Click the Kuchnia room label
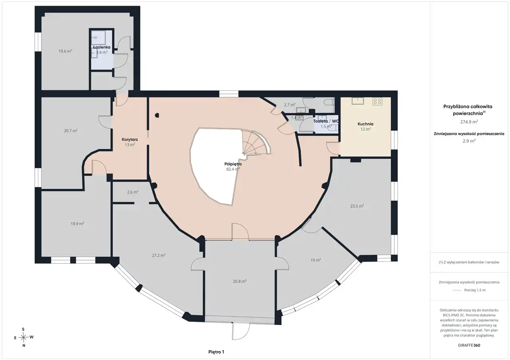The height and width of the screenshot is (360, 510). (x=365, y=124)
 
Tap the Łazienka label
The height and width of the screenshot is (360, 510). (x=102, y=47)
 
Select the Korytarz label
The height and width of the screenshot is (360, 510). (x=130, y=139)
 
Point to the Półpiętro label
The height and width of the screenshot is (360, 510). (x=233, y=164)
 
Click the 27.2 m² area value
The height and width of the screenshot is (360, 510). (x=159, y=255)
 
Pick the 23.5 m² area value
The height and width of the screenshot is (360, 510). (x=357, y=206)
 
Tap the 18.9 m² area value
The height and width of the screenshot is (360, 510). (x=77, y=224)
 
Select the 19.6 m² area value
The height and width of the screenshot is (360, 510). (x=65, y=51)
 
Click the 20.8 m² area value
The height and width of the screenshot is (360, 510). (x=240, y=281)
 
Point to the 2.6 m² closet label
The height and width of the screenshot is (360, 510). (x=133, y=192)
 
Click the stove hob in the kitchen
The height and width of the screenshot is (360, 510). (x=377, y=101)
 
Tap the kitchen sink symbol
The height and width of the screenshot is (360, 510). (x=358, y=101)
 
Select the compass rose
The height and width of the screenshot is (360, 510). (x=23, y=337)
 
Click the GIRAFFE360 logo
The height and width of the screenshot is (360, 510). (x=469, y=345)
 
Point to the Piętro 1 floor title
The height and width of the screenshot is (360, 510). (x=216, y=352)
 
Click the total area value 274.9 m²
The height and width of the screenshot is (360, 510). (x=469, y=122)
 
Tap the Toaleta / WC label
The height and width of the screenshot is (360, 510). (x=326, y=121)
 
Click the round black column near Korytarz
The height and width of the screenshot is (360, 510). (x=157, y=115)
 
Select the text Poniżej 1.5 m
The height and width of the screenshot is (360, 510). (x=475, y=290)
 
